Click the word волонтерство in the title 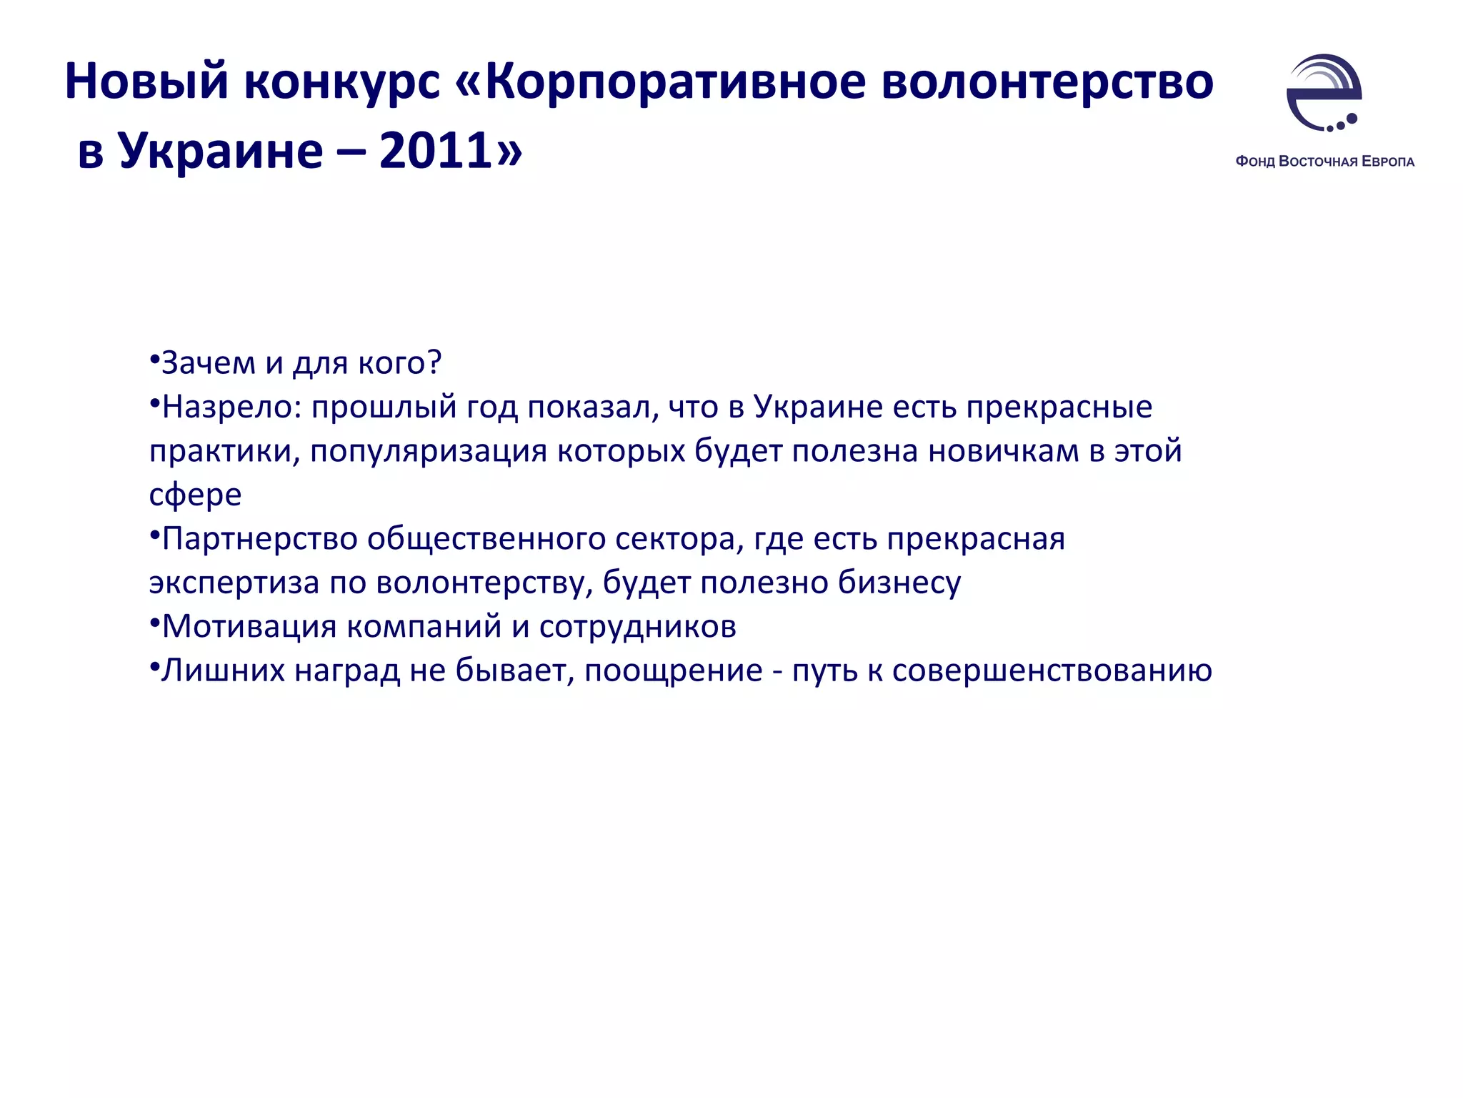pos(1047,81)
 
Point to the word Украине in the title pos(221,152)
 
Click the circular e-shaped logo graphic pos(1324,93)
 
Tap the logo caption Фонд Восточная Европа pos(1324,162)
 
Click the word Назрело pos(226,407)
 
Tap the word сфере pos(195,495)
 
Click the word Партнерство pos(260,539)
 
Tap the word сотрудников pos(637,627)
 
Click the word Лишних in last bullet pos(223,671)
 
